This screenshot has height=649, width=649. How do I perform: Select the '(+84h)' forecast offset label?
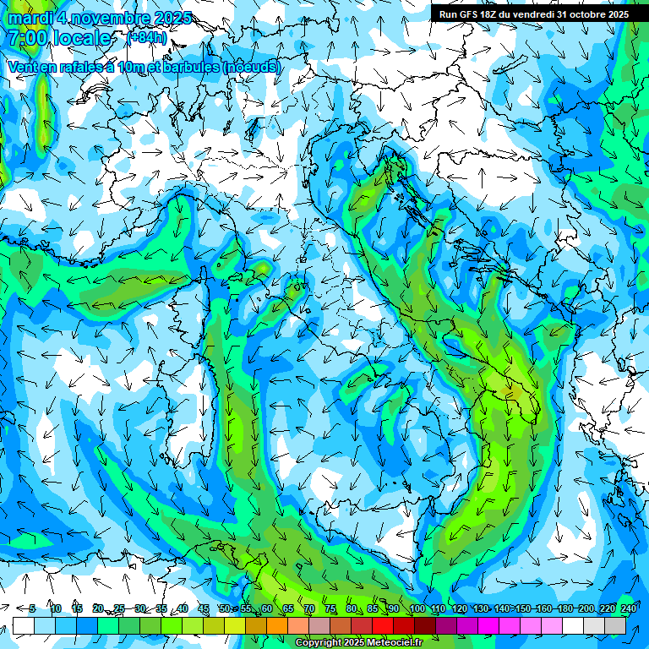point(147,38)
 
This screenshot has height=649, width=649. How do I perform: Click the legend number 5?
point(32,608)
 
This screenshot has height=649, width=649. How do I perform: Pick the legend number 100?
point(417,608)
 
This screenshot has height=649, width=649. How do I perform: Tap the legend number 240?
point(628,608)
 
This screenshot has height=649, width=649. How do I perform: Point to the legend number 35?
point(161,608)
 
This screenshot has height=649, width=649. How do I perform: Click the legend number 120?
point(459,608)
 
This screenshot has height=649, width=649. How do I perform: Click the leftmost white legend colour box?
point(24,626)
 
